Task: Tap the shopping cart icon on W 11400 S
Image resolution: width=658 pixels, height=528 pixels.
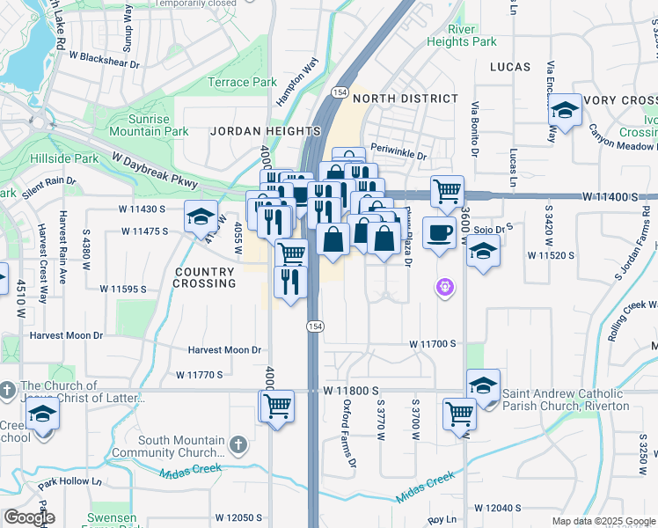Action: pyautogui.click(x=448, y=189)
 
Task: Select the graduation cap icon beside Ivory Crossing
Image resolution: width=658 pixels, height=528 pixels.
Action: pyautogui.click(x=564, y=110)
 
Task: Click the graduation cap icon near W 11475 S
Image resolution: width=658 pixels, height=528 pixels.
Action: pyautogui.click(x=201, y=216)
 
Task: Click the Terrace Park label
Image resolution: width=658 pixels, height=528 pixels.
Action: pyautogui.click(x=242, y=83)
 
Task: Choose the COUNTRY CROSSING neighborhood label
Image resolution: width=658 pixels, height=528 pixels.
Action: pyautogui.click(x=204, y=278)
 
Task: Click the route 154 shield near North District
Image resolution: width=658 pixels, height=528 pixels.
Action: pyautogui.click(x=340, y=92)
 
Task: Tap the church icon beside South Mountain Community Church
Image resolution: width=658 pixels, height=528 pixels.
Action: pyautogui.click(x=238, y=442)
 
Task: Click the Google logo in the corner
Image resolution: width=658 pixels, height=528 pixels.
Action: pyautogui.click(x=28, y=517)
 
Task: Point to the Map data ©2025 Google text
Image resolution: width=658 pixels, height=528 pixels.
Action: pyautogui.click(x=603, y=521)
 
